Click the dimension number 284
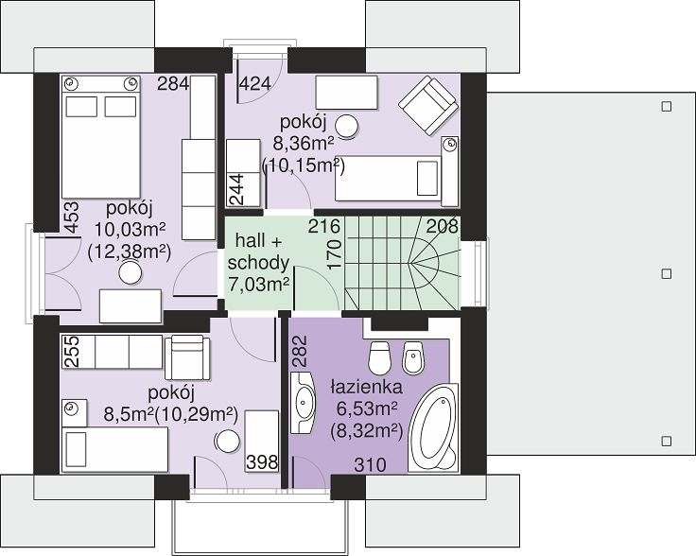(174, 83)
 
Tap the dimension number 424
(255, 83)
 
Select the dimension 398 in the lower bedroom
(262, 462)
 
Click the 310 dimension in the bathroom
(370, 465)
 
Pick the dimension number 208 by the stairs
(443, 226)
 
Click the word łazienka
(367, 388)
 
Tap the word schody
(258, 264)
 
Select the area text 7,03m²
(258, 284)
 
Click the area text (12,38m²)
(130, 252)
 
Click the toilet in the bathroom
(379, 357)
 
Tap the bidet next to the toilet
(413, 358)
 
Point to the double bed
(101, 137)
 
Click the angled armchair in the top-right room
(428, 106)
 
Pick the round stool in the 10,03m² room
(130, 272)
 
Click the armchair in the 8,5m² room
(187, 357)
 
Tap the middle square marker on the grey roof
(667, 274)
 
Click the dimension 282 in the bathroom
(300, 351)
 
